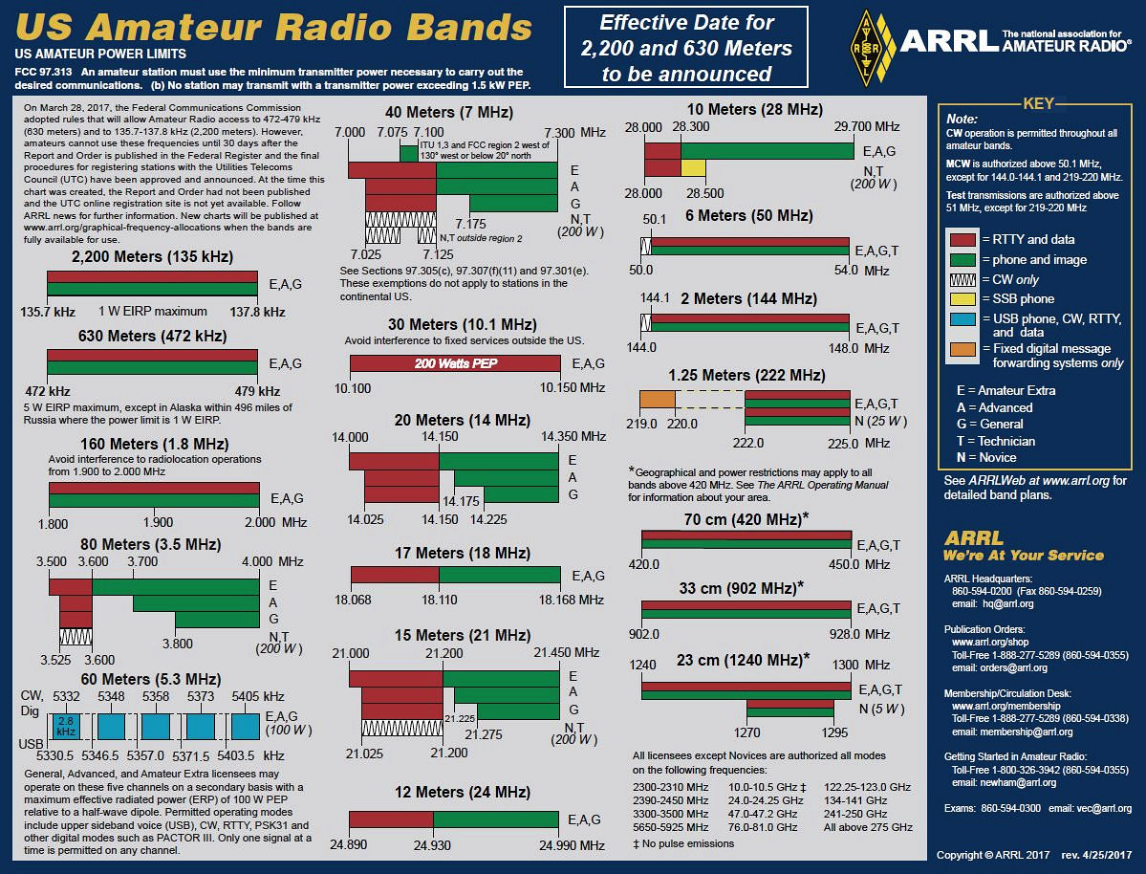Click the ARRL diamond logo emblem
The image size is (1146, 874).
pyautogui.click(x=867, y=47)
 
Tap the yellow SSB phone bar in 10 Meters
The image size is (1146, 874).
pyautogui.click(x=693, y=168)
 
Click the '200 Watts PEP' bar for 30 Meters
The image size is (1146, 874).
pyautogui.click(x=456, y=363)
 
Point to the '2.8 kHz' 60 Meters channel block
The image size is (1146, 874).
pyautogui.click(x=66, y=726)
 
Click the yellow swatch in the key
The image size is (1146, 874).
pyautogui.click(x=963, y=299)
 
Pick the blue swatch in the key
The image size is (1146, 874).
pyautogui.click(x=963, y=319)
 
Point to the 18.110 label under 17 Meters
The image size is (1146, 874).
pyautogui.click(x=439, y=600)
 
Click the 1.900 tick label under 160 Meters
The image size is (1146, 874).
pyautogui.click(x=158, y=522)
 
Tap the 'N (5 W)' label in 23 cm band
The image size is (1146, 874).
pyautogui.click(x=880, y=709)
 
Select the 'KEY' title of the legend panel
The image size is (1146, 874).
pyautogui.click(x=1038, y=103)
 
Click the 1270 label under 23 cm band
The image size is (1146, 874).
pyautogui.click(x=747, y=733)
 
